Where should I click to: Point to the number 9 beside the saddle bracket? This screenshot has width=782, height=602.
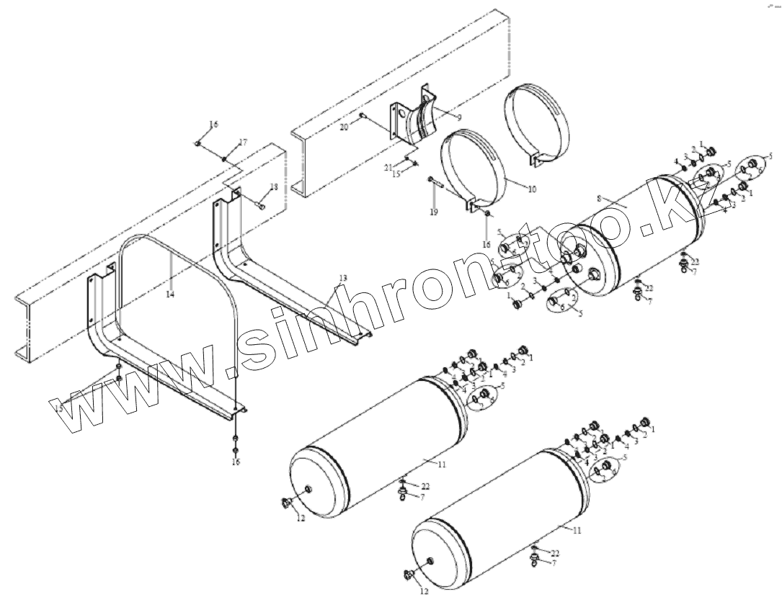tap(459, 117)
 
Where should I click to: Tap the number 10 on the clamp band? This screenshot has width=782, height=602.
tap(533, 190)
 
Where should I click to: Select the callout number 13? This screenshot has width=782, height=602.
tap(342, 278)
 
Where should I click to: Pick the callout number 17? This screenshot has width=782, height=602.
tap(243, 143)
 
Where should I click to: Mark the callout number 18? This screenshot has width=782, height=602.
tap(272, 187)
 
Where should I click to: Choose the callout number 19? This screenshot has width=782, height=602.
tap(433, 212)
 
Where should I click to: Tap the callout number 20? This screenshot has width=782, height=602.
tap(344, 126)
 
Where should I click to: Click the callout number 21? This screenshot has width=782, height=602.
tap(387, 168)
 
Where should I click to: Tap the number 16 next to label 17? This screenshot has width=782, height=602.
tap(213, 125)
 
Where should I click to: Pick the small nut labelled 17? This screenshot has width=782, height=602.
tap(226, 158)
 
